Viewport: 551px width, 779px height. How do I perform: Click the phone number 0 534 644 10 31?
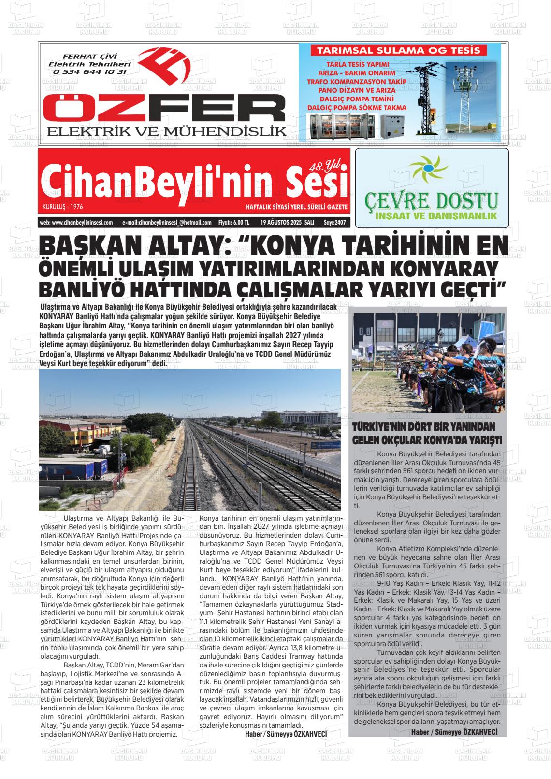pyautogui.click(x=90, y=71)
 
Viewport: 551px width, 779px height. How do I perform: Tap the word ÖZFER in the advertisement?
pyautogui.click(x=164, y=109)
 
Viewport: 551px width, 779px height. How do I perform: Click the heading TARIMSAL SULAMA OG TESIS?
pyautogui.click(x=398, y=50)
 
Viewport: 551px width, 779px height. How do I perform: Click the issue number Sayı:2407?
pyautogui.click(x=335, y=223)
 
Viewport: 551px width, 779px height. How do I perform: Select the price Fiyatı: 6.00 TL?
pyautogui.click(x=234, y=223)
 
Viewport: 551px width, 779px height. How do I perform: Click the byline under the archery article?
pyautogui.click(x=454, y=732)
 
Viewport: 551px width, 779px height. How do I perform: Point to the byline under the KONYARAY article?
pyautogui.click(x=286, y=734)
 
